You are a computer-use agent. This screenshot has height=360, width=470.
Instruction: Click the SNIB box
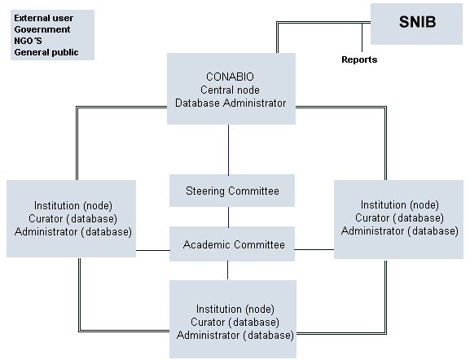pyautogui.click(x=416, y=24)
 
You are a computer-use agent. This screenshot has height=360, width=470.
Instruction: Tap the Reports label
pyautogui.click(x=359, y=59)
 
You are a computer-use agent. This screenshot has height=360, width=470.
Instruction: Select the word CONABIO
pyautogui.click(x=230, y=77)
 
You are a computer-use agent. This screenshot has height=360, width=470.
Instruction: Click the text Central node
pyautogui.click(x=230, y=90)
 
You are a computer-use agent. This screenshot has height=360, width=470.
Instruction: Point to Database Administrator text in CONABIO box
pyautogui.click(x=231, y=103)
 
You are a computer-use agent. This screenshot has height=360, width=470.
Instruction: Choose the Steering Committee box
pyautogui.click(x=232, y=191)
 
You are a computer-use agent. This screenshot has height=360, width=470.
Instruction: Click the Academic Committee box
pyautogui.click(x=232, y=244)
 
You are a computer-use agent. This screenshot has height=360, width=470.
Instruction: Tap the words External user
pyautogui.click(x=44, y=18)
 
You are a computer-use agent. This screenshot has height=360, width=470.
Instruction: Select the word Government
pyautogui.click(x=42, y=29)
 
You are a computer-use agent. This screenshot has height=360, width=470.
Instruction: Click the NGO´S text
pyautogui.click(x=29, y=41)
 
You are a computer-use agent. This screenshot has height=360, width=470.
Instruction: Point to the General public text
pyautogui.click(x=46, y=52)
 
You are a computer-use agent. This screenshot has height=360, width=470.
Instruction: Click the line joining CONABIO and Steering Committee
pyautogui.click(x=228, y=150)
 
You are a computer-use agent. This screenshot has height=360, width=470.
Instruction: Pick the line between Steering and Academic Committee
pyautogui.click(x=228, y=217)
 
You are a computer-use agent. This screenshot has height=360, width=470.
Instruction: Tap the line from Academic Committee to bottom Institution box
pyautogui.click(x=227, y=270)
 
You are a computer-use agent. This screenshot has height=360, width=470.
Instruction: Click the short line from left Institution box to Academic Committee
pyautogui.click(x=153, y=250)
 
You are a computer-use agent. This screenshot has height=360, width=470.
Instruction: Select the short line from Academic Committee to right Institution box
pyautogui.click(x=314, y=249)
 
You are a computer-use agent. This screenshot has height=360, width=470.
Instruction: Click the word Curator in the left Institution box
pyautogui.click(x=46, y=218)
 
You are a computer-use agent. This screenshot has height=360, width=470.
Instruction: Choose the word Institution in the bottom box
pyautogui.click(x=219, y=309)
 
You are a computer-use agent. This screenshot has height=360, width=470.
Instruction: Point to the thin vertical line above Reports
pyautogui.click(x=362, y=37)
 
